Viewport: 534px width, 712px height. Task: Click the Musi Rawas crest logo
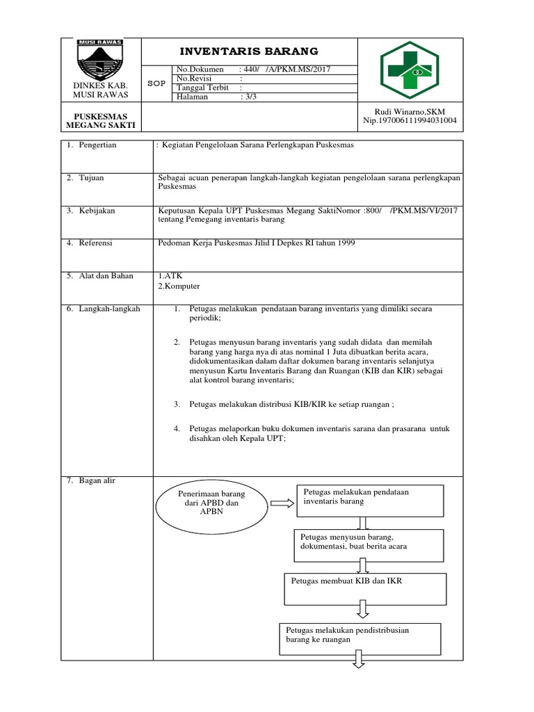point(100,59)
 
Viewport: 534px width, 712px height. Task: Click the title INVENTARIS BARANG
point(249,51)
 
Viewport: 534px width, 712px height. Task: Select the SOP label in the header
point(157,83)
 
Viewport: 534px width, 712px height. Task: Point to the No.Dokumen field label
point(200,70)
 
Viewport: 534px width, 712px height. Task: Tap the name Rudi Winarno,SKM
point(410,111)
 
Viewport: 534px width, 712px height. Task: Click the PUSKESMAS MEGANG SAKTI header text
point(100,120)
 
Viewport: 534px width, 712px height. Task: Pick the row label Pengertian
point(97,145)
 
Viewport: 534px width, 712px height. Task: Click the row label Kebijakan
point(96,210)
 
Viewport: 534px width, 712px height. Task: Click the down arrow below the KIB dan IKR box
point(363,610)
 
